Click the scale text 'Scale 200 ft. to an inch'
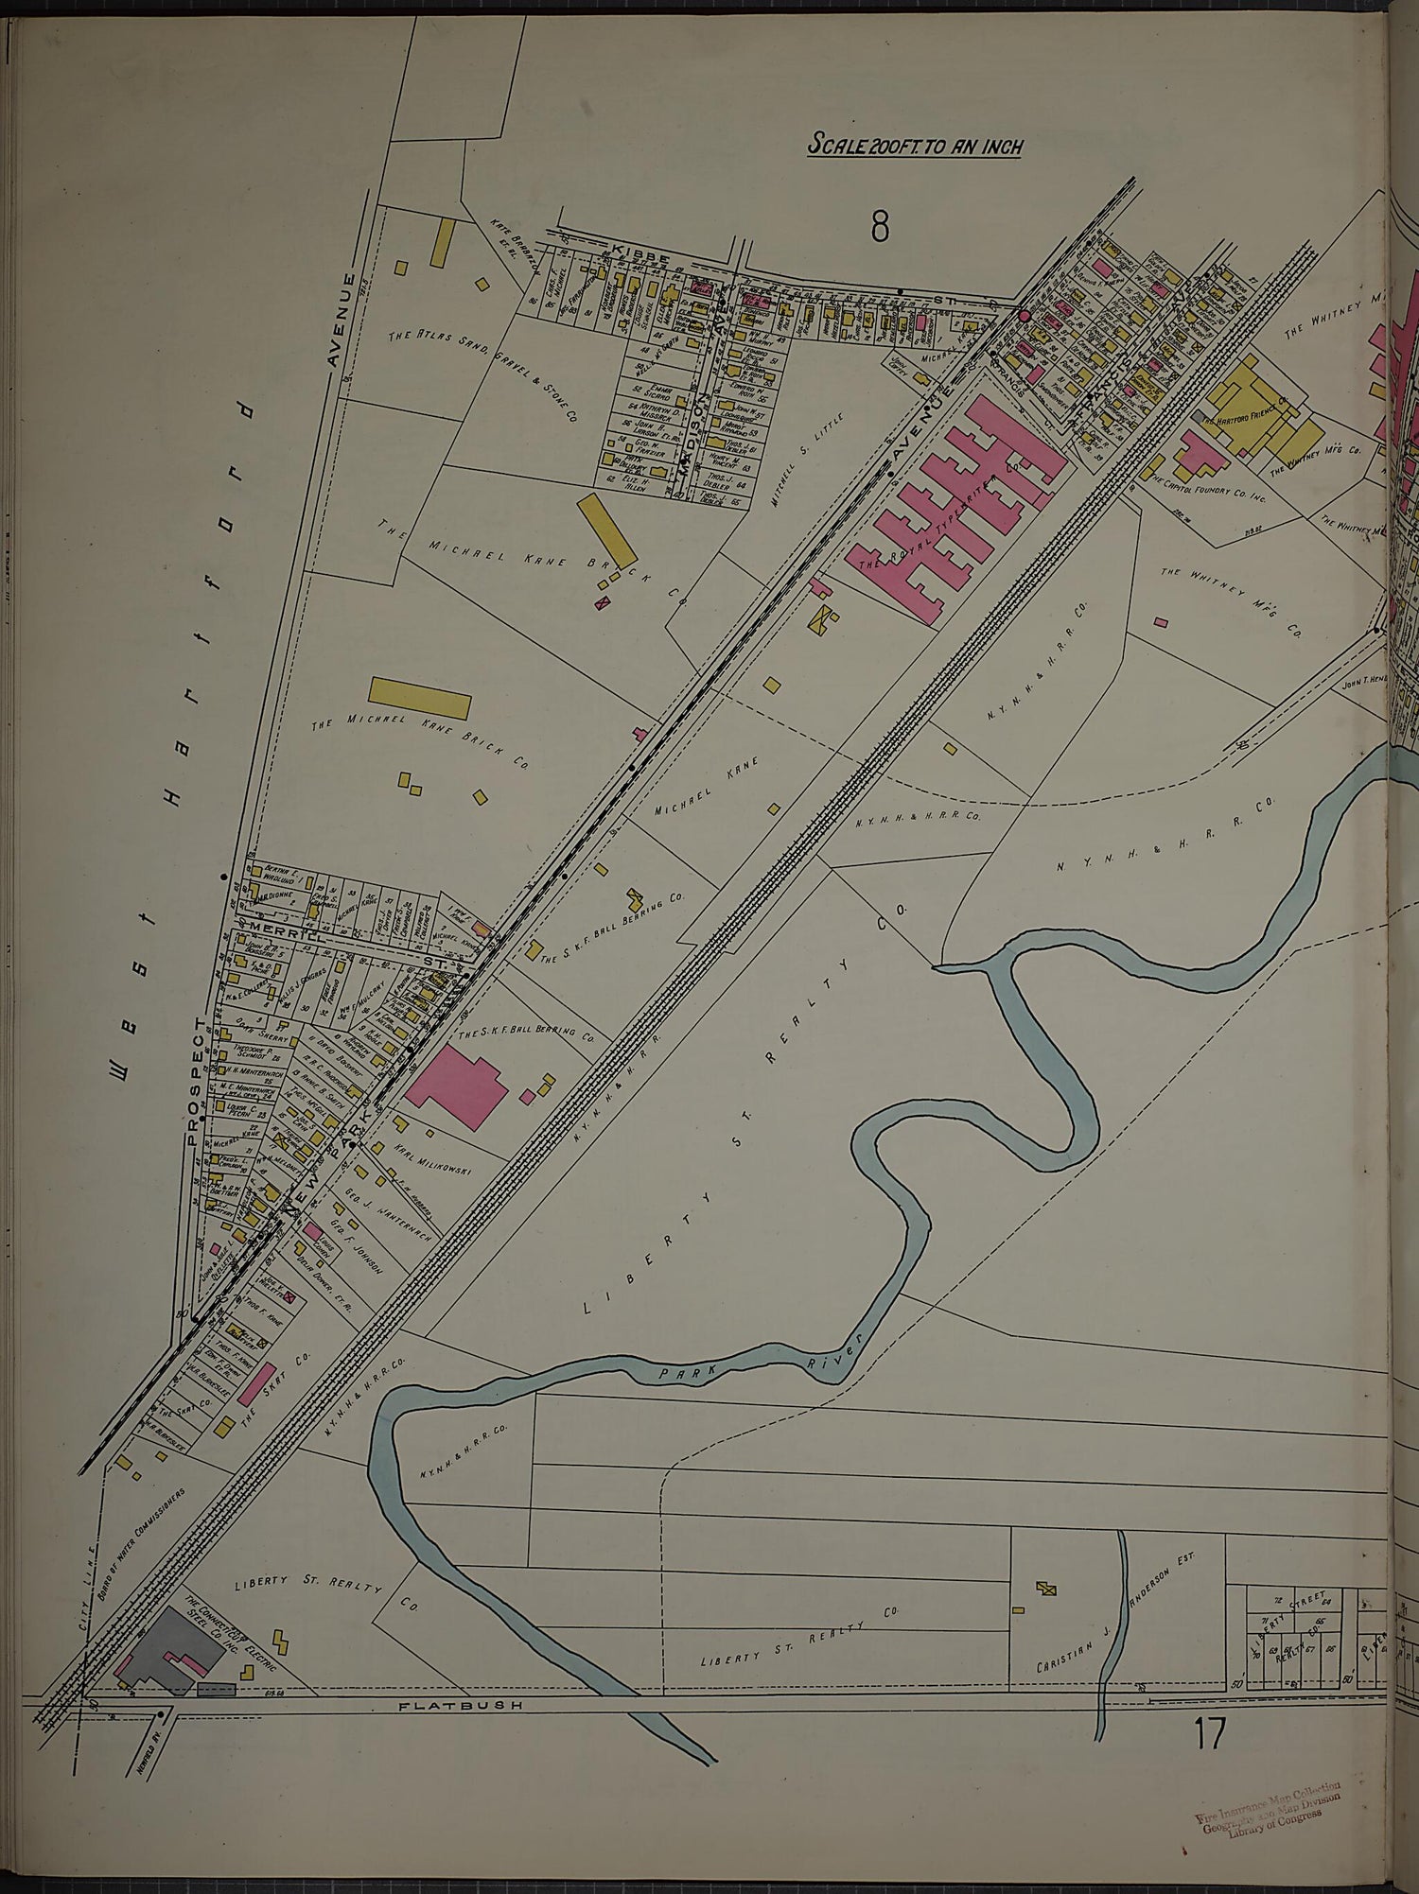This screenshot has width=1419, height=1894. tap(916, 147)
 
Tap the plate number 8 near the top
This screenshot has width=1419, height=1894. tap(880, 226)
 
